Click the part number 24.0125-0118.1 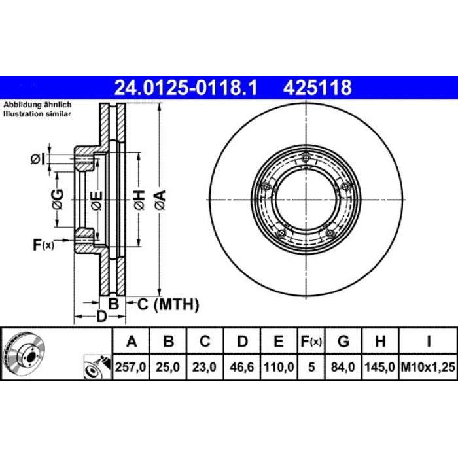[x=186, y=88]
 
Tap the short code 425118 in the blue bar [x=317, y=88]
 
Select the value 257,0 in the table [x=131, y=367]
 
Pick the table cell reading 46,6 [x=242, y=367]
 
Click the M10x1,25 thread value [x=428, y=367]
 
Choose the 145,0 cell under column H [x=380, y=367]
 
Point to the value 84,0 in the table [x=343, y=367]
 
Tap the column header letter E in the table [x=279, y=341]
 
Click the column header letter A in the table [x=132, y=341]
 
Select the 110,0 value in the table [x=279, y=367]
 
